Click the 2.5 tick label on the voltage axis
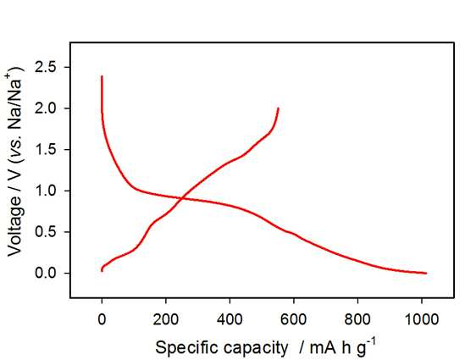[x=46, y=67]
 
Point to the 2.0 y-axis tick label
[x=46, y=108]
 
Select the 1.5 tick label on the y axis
[x=46, y=150]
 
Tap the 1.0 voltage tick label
[x=46, y=191]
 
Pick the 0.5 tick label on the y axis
[x=46, y=232]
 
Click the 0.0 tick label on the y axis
[x=46, y=274]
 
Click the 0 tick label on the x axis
[x=102, y=319]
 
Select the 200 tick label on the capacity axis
[x=166, y=319]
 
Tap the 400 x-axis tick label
[x=230, y=319]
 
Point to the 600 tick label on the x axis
[x=294, y=319]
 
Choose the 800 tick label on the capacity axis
[x=357, y=319]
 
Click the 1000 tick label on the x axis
[x=422, y=319]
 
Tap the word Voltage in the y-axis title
[x=15, y=225]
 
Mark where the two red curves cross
[x=182, y=198]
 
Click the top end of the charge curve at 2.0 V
[x=278, y=108]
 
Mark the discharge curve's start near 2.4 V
[x=102, y=76]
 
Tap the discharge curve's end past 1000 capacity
[x=426, y=274]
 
